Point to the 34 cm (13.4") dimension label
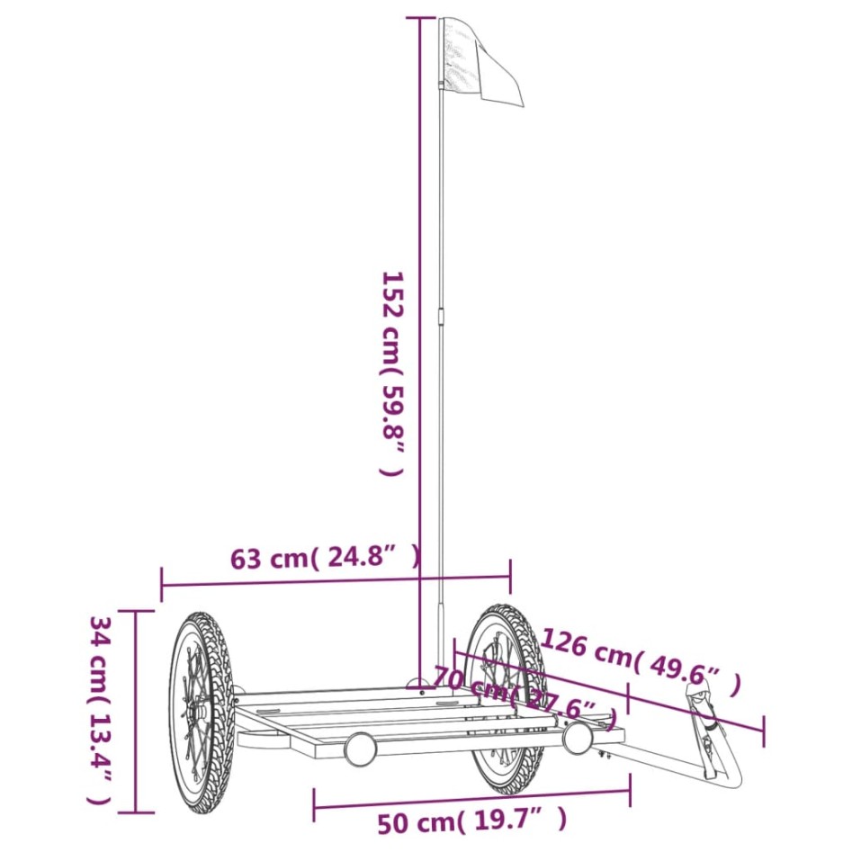coord(100,710)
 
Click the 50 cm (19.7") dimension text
coord(471,820)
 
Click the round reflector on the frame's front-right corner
coord(577,739)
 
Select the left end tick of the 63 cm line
coord(162,584)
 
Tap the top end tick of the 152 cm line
coord(419,17)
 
